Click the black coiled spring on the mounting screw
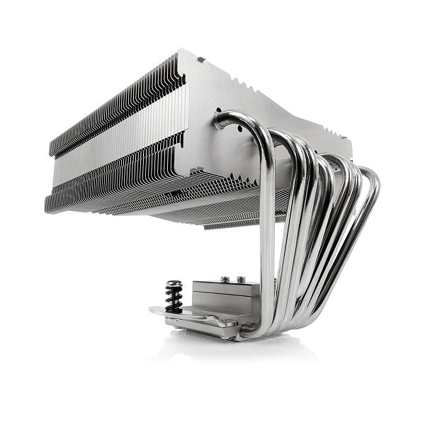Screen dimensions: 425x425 tap(174, 296)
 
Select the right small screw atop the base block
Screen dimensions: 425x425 tap(241, 280)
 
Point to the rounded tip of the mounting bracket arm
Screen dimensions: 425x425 tap(154, 310)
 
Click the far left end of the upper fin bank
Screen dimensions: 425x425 tap(52, 145)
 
